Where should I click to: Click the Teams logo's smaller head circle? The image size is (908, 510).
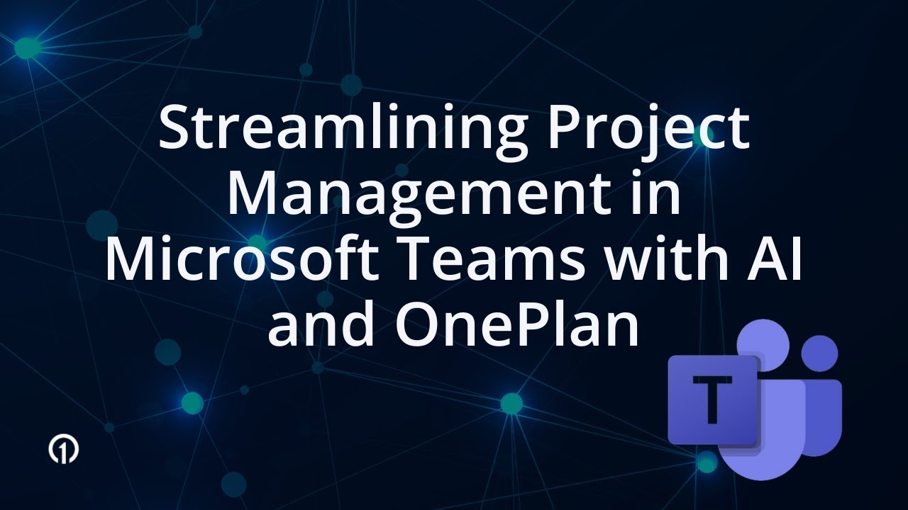[821, 353]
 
